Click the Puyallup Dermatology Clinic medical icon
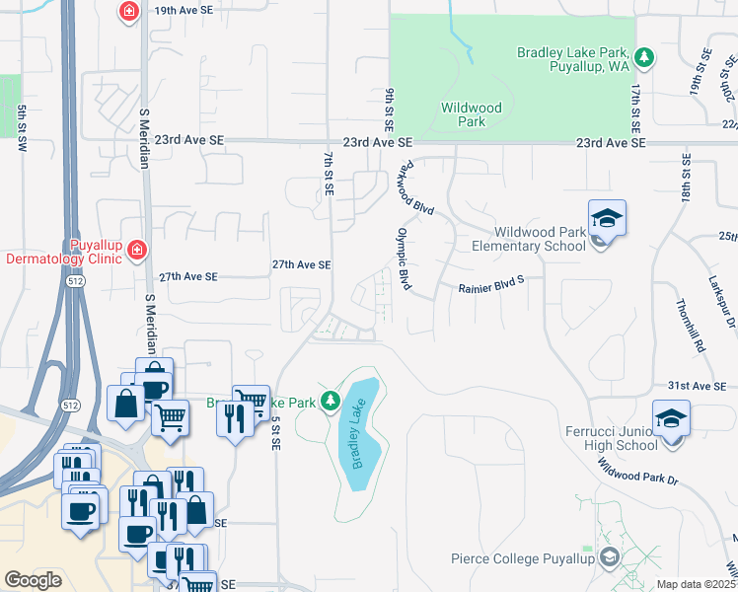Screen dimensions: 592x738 (x=135, y=252)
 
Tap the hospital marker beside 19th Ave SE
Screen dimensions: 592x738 (x=128, y=13)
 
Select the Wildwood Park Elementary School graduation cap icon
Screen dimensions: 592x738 (x=607, y=218)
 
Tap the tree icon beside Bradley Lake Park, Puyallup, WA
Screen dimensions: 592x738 (x=644, y=58)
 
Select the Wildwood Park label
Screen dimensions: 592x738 (x=471, y=114)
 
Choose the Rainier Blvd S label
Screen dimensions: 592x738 (x=491, y=289)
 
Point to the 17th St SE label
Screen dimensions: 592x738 (x=635, y=109)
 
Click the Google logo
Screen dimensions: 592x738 (x=34, y=580)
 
